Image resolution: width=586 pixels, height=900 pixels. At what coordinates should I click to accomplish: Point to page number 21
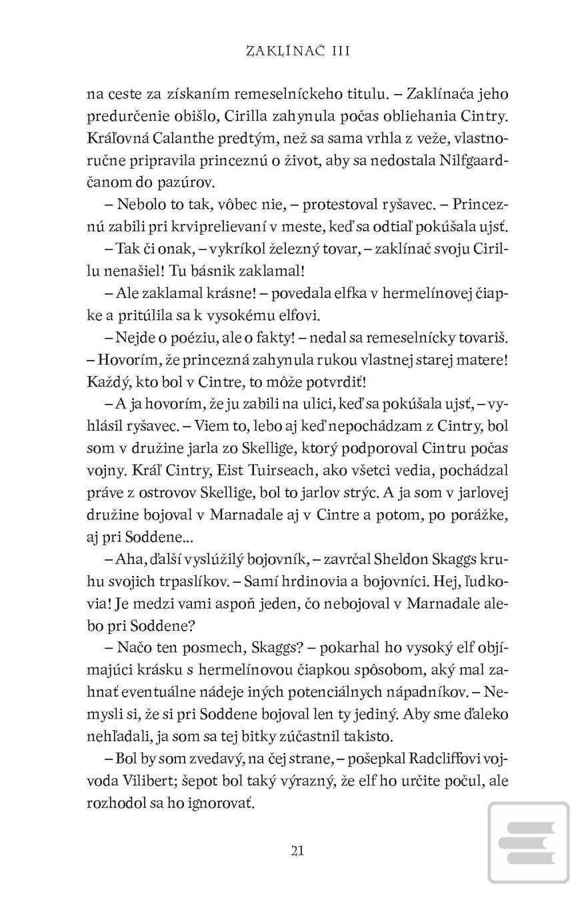coord(297,850)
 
